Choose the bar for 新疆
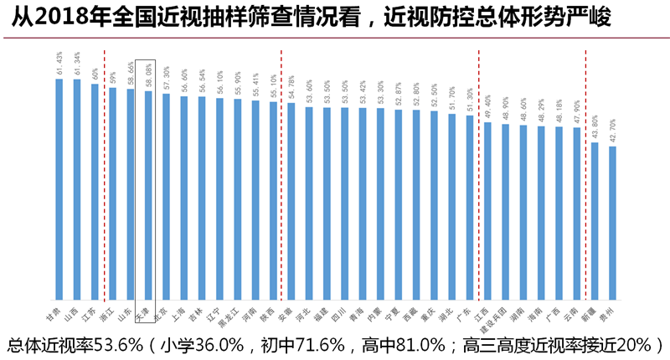coord(595,221)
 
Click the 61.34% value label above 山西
coord(77,64)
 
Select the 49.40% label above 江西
coord(488,109)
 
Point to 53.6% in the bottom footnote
coord(121,345)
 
